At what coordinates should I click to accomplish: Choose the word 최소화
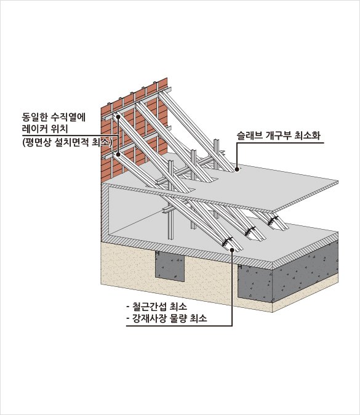pos(307,135)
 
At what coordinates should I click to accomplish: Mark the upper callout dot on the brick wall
pos(118,116)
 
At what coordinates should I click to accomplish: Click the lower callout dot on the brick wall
pos(118,154)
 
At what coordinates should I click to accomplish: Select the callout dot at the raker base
pos(232,249)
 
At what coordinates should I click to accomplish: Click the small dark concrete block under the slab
pos(170,266)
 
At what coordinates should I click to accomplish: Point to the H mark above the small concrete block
pos(158,253)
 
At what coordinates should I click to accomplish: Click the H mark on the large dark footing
pos(240,267)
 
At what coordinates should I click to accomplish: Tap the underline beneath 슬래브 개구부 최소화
pos(280,143)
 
